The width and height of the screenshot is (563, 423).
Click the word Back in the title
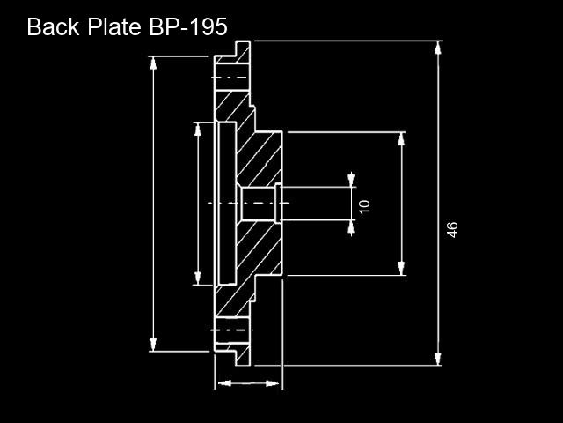point(53,26)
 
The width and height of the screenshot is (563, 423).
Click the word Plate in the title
point(114,26)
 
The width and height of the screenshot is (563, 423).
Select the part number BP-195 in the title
point(188,26)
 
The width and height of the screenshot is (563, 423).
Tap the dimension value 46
point(452,230)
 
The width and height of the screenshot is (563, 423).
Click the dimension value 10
point(364,206)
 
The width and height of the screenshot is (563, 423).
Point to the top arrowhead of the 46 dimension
point(438,48)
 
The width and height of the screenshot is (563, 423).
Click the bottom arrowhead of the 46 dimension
point(438,359)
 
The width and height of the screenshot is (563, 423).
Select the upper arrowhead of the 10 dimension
point(351,180)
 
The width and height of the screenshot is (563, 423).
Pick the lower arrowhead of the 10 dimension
point(351,226)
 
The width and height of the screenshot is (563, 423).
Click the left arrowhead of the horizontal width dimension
point(225,383)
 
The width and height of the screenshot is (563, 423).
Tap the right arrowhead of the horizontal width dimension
point(272,383)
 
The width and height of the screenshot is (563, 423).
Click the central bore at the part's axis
point(258,204)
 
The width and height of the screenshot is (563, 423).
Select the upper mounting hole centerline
point(230,78)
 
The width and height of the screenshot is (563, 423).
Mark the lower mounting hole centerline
point(231,330)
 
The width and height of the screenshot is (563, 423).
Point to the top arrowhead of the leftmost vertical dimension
point(153,63)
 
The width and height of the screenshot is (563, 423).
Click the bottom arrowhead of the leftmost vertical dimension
point(153,345)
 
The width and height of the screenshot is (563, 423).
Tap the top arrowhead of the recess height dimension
point(197,130)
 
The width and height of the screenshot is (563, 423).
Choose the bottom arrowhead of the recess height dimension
point(197,278)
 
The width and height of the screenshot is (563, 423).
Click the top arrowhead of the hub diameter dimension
point(401,139)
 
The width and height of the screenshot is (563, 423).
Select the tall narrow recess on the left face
point(227,204)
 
